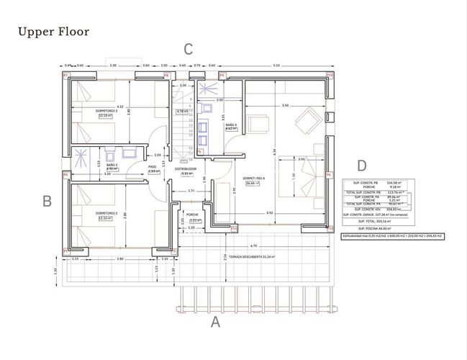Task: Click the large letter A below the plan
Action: pyautogui.click(x=214, y=323)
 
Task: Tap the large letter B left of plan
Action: pyautogui.click(x=47, y=202)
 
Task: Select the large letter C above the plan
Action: pyautogui.click(x=188, y=49)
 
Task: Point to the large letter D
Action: pyautogui.click(x=361, y=166)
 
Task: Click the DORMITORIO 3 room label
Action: pyautogui.click(x=106, y=111)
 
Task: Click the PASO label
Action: pyautogui.click(x=153, y=167)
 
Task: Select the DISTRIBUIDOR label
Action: pyautogui.click(x=186, y=170)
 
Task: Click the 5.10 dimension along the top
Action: pyautogui.click(x=277, y=66)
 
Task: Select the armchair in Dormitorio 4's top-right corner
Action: pyautogui.click(x=309, y=117)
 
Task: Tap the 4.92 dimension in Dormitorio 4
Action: pyautogui.click(x=269, y=213)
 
